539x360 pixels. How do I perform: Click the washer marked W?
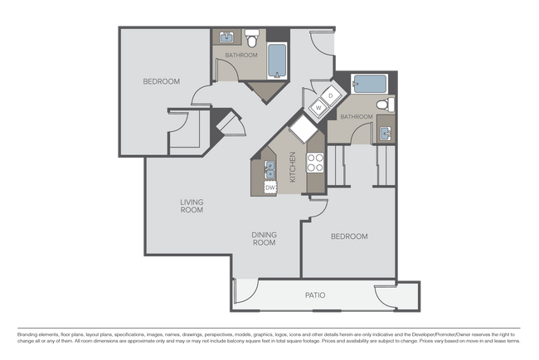coord(319,107)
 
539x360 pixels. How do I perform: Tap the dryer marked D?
coord(330,95)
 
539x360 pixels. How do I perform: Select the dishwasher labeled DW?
coord(269,187)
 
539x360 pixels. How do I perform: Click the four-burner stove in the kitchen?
coord(315,163)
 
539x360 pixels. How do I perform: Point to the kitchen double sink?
coord(269,171)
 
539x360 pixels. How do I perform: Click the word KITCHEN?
coord(292,168)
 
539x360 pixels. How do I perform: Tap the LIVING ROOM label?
coord(192,206)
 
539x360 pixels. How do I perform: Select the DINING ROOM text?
coord(264,239)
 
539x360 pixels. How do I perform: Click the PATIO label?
coord(314,295)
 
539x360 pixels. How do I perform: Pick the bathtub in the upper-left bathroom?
coord(277,61)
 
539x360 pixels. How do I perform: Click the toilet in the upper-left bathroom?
coord(252,37)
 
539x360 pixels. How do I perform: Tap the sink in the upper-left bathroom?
coord(226,38)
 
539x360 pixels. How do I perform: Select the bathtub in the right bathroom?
coord(367,84)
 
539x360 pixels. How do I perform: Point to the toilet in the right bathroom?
coord(384,105)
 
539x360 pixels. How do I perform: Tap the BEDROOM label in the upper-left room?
coord(162,81)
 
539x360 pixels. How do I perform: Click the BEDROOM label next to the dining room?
coord(349,236)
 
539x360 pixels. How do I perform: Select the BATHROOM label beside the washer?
coord(356,117)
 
